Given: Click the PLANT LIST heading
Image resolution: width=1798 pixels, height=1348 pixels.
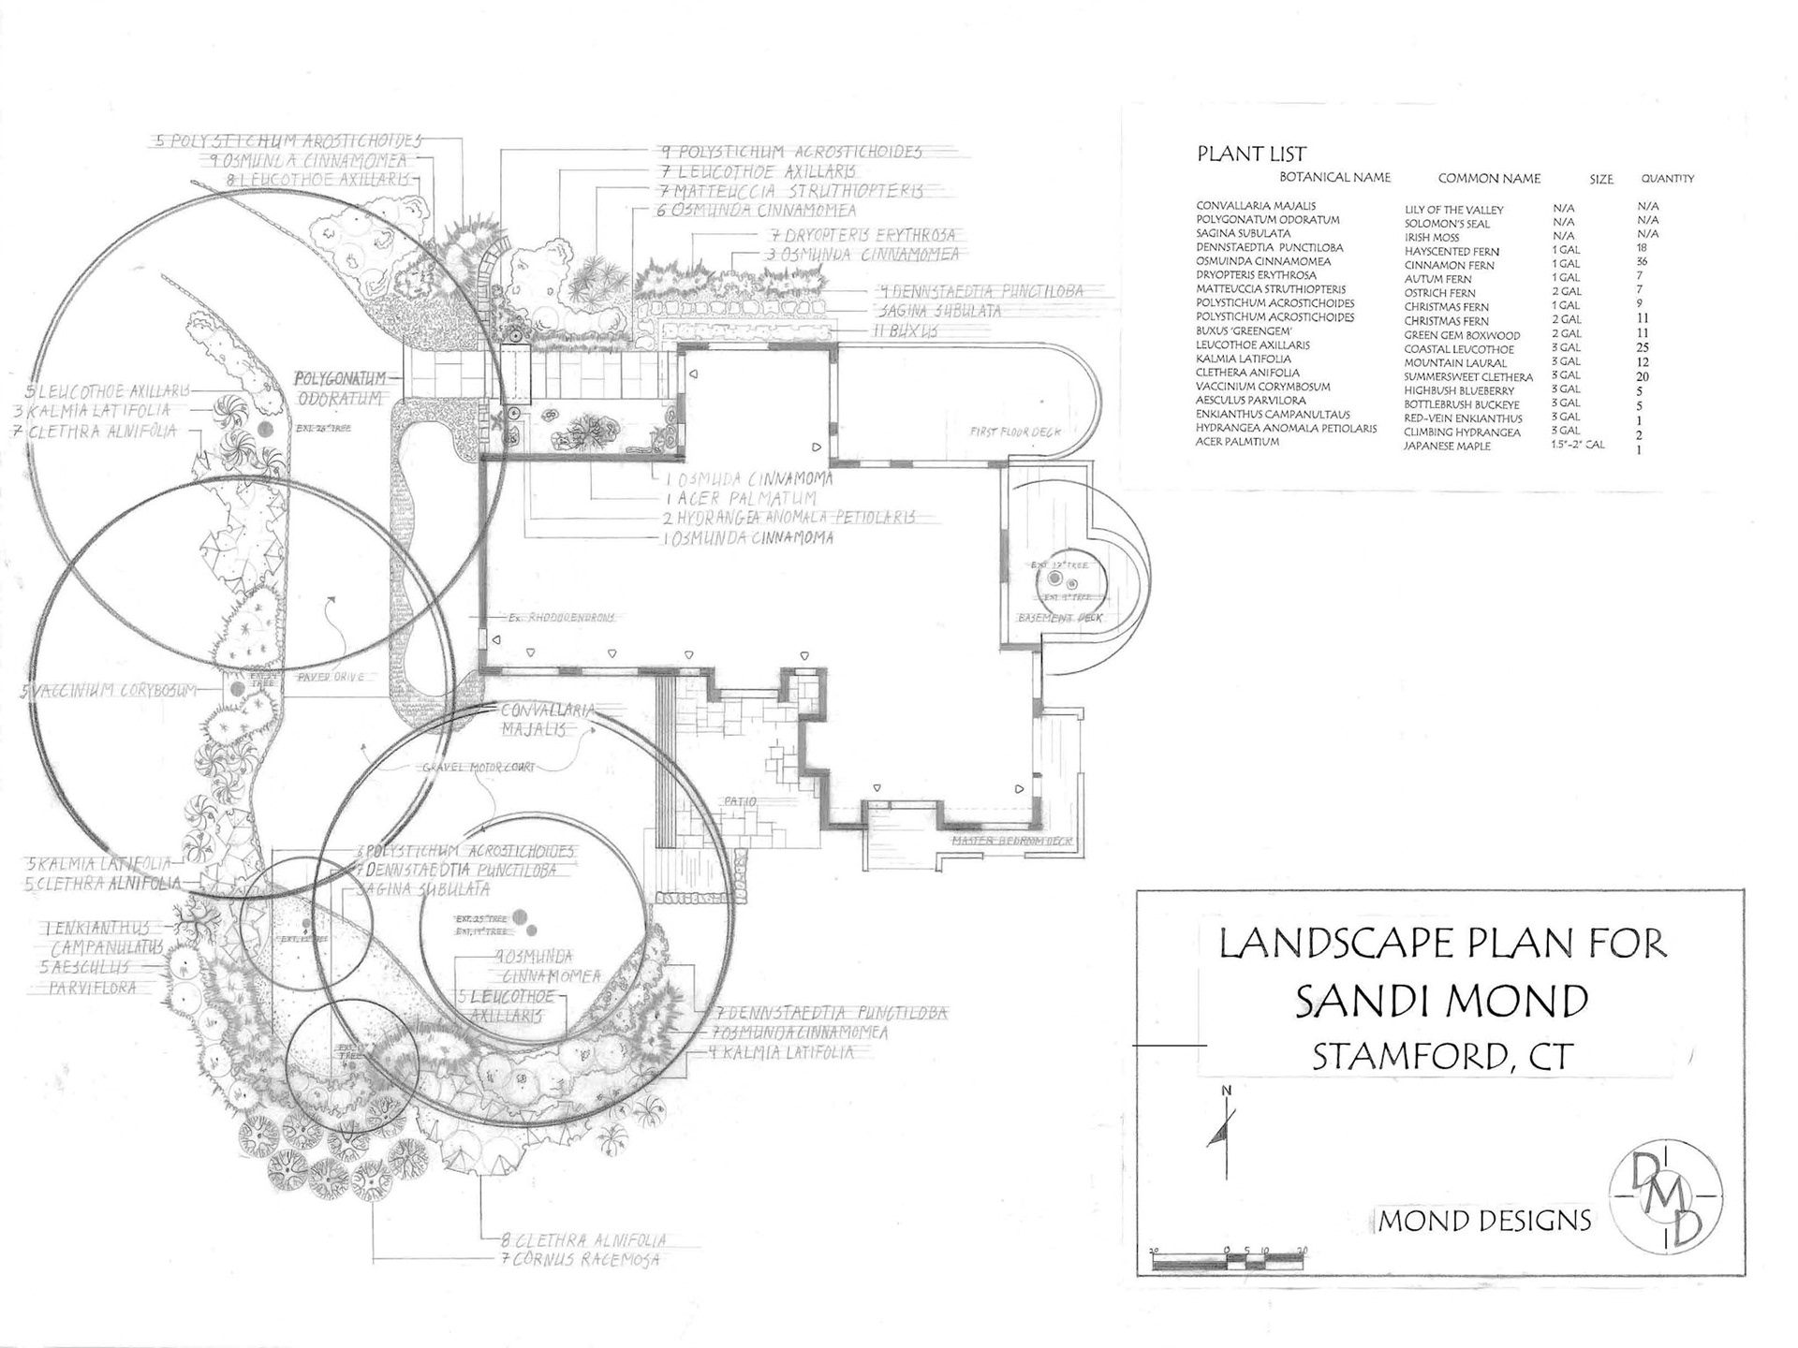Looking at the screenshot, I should (x=1251, y=154).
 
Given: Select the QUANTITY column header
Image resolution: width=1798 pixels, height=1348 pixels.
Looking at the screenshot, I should (x=1667, y=178).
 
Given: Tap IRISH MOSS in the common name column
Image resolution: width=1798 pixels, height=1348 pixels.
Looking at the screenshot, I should (x=1432, y=238).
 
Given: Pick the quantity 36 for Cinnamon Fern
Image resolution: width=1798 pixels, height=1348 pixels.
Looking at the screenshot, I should (x=1642, y=262).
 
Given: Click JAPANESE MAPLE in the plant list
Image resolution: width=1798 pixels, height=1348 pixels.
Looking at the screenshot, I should (x=1447, y=447).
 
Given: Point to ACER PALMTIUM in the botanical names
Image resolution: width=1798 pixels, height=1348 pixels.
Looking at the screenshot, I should (x=1237, y=442).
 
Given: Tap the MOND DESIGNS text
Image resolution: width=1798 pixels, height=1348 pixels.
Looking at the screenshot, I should (x=1485, y=1221).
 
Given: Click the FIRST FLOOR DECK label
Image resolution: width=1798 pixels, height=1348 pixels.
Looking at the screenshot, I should (x=1015, y=432).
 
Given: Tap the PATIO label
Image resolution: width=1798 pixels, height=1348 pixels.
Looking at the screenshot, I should (x=739, y=802).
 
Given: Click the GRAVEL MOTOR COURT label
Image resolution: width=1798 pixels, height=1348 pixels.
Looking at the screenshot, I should (x=479, y=768).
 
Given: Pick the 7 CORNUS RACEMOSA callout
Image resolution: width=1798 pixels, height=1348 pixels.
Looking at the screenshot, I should (x=581, y=1260).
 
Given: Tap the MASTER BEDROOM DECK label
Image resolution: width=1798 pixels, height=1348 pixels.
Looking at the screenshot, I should (x=1011, y=842).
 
